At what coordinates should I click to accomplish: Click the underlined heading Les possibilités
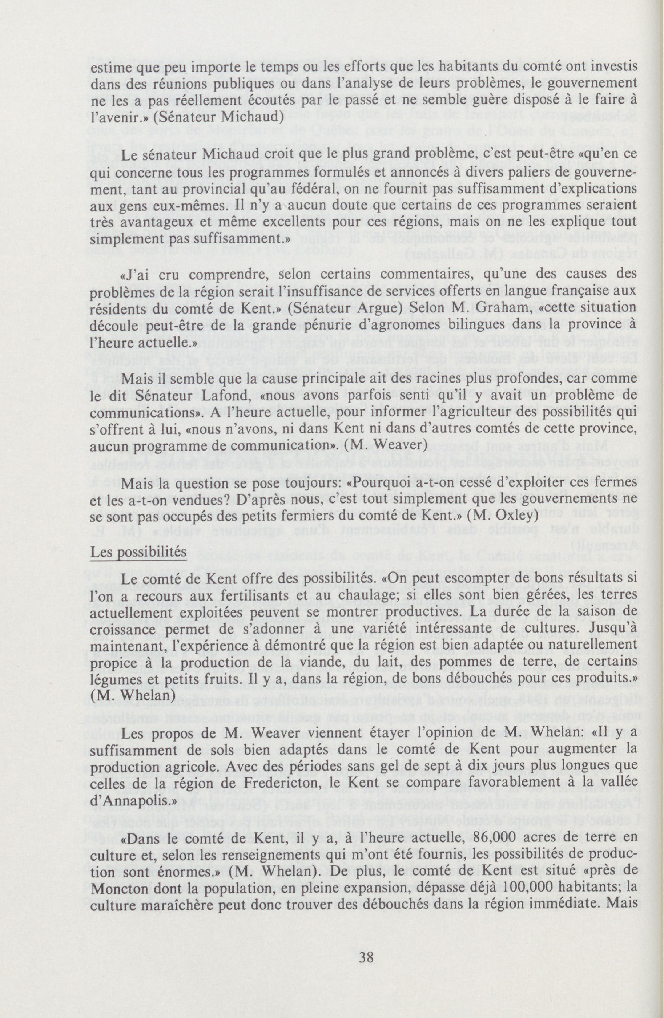click(x=138, y=553)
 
